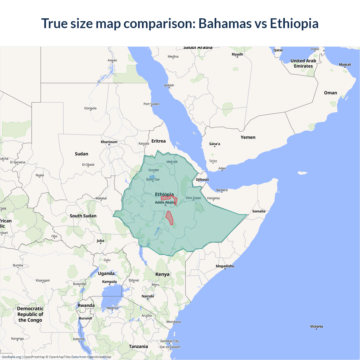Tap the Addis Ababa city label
coord(165,202)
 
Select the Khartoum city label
coord(109,142)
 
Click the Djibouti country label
coord(202,179)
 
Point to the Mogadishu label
coord(225,266)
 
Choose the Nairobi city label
coord(148,296)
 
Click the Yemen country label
coord(248,137)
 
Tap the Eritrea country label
coord(158,141)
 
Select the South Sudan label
coord(83,216)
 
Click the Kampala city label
coord(109,282)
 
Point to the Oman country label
coord(330,93)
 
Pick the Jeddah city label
coord(169,85)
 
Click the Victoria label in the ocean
coord(316,327)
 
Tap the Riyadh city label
coord(237,54)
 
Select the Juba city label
coord(100,240)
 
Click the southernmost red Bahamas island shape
coord(169,218)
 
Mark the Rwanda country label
coord(86,305)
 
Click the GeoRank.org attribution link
coord(11,357)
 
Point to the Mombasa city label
coord(174,322)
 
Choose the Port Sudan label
coord(151,104)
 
